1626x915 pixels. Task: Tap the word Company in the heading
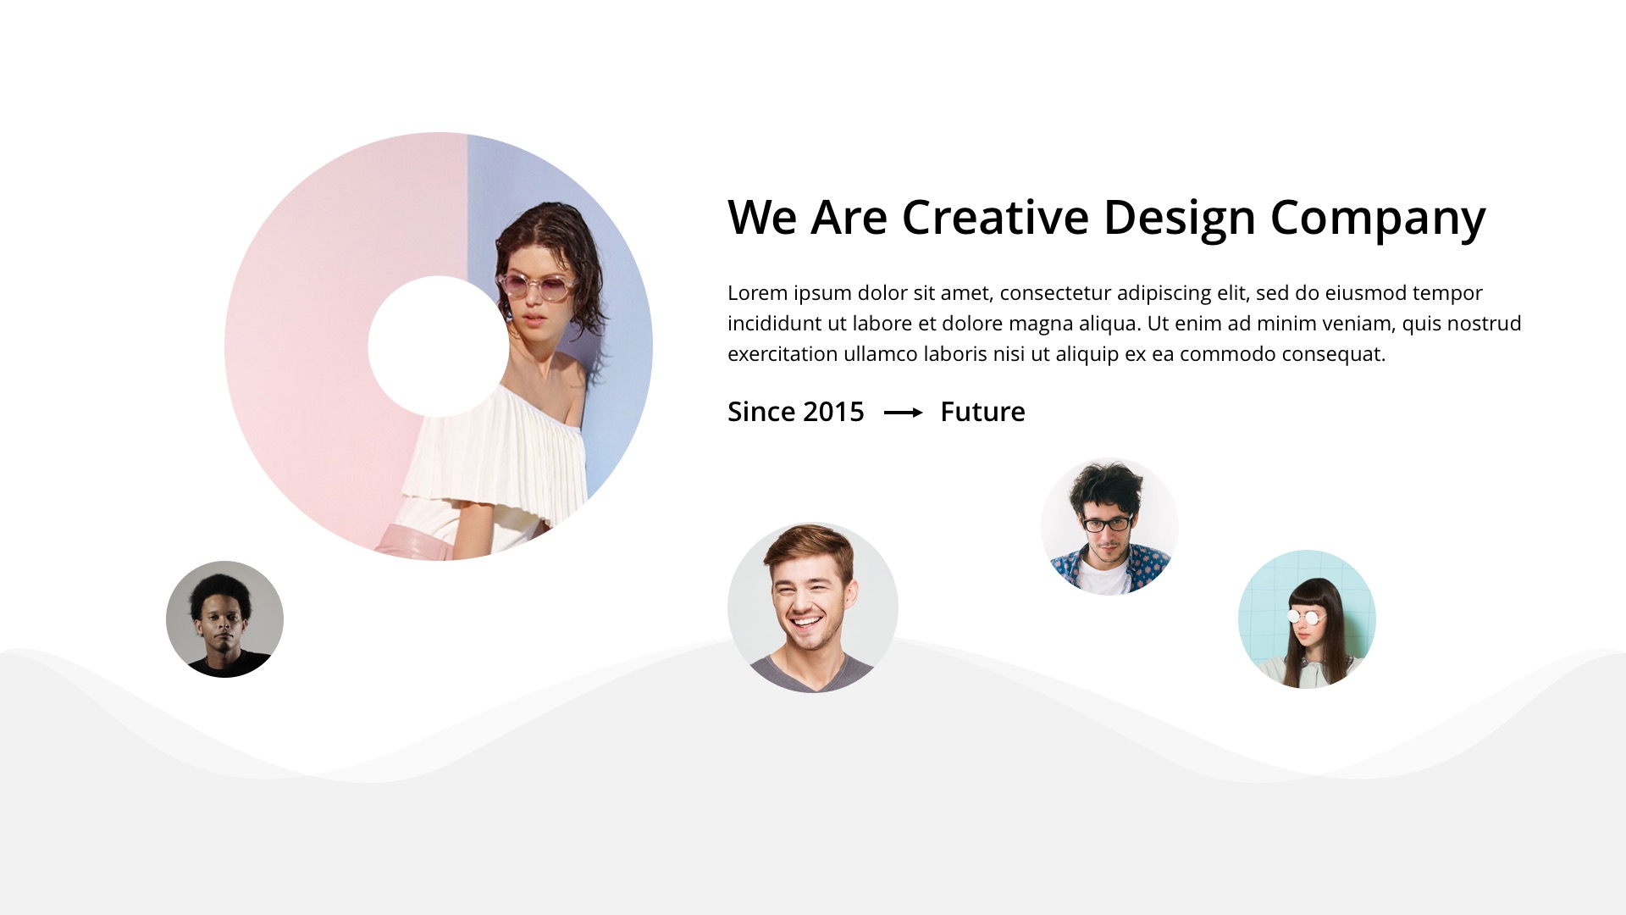[x=1377, y=219]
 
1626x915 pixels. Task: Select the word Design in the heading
[x=1179, y=219]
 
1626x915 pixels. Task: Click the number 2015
[x=833, y=412]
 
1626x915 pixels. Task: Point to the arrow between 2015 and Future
[x=903, y=413]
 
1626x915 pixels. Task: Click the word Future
[x=982, y=412]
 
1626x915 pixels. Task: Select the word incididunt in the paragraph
[x=774, y=324]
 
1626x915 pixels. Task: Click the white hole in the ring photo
[x=438, y=347]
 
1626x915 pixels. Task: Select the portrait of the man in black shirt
[x=224, y=619]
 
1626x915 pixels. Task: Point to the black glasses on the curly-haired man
[x=1107, y=524]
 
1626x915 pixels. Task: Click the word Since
[x=760, y=412]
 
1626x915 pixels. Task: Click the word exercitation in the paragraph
[x=782, y=354]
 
